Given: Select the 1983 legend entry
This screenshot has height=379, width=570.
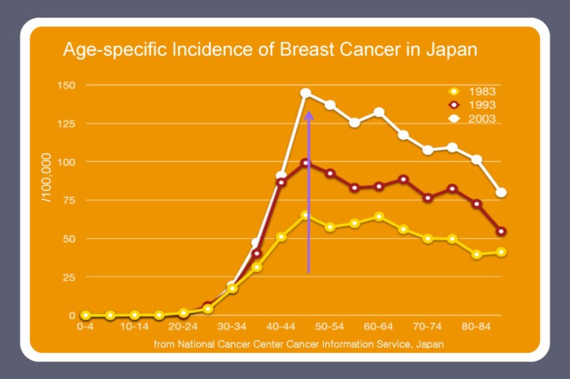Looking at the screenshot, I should tap(481, 90).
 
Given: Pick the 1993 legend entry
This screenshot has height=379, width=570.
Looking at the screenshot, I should tap(481, 104).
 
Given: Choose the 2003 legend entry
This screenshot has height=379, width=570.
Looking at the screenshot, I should tap(481, 119).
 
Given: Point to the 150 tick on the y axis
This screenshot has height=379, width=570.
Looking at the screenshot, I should tap(66, 85).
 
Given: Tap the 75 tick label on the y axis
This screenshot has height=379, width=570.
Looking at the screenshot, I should tap(69, 200).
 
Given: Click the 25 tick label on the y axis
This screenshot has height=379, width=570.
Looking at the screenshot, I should tap(69, 277).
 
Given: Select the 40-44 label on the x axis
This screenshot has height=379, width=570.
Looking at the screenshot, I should tap(281, 326).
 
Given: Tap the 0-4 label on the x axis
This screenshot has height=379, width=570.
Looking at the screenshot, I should tap(86, 326).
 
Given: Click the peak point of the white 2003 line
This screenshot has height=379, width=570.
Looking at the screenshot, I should tap(306, 93).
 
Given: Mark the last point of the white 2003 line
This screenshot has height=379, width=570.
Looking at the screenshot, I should tap(501, 193).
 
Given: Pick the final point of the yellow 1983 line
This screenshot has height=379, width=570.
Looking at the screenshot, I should tap(501, 252).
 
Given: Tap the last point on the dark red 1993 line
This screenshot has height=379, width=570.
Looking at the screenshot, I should tap(501, 232).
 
